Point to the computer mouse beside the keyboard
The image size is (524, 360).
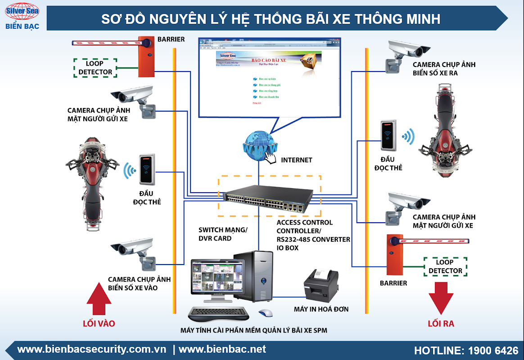pos(266,313)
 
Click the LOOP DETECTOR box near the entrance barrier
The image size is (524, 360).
pos(95,67)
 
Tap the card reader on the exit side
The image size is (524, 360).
pos(388,135)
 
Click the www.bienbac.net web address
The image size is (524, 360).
pos(222,349)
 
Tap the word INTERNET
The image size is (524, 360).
pos(296,160)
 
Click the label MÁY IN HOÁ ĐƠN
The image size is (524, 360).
pos(321,309)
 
